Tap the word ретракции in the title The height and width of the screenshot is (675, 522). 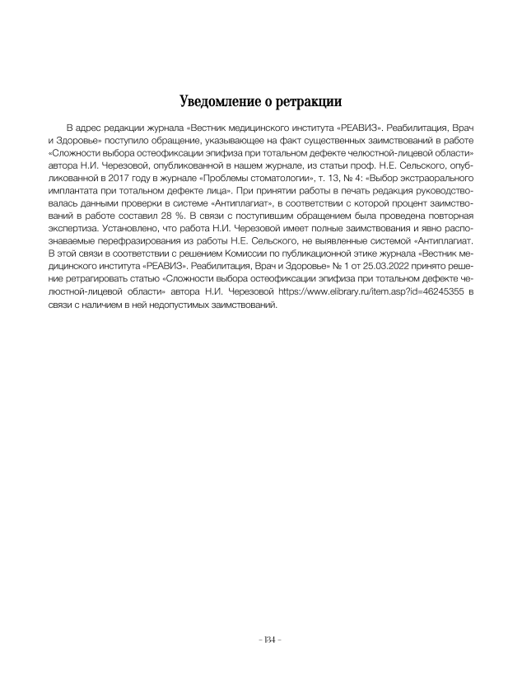[x=307, y=102]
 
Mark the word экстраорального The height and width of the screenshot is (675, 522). [x=433, y=176]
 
